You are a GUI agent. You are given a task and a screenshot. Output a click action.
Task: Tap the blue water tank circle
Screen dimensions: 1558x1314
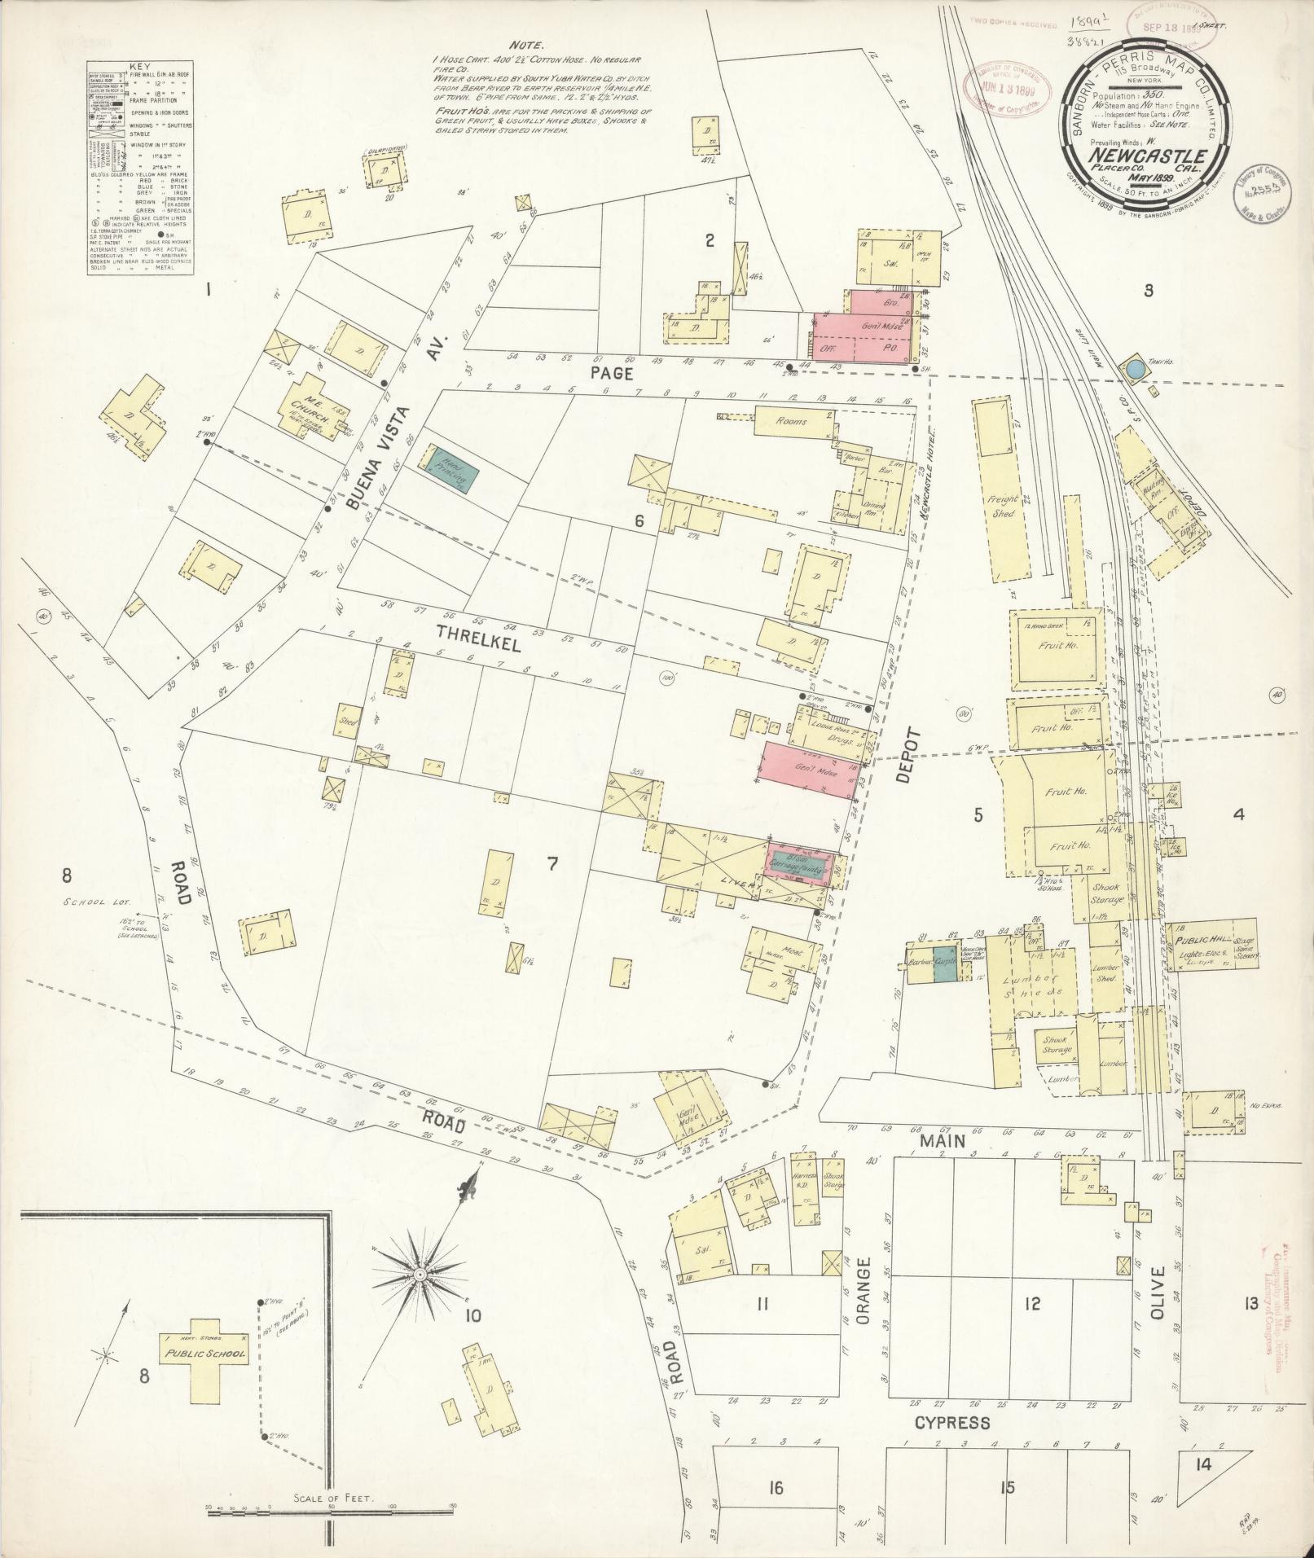pyautogui.click(x=1135, y=370)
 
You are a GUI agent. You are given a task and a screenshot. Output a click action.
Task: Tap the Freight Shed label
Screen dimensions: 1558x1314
pyautogui.click(x=1001, y=506)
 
